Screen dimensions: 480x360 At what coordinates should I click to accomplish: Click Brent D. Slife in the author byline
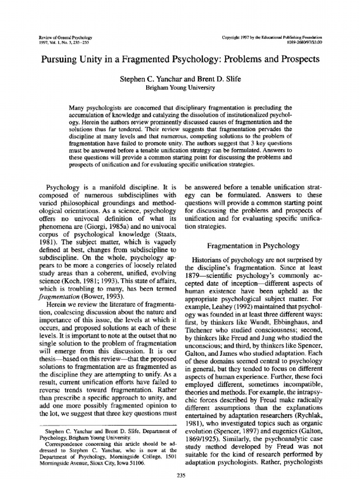point(217,79)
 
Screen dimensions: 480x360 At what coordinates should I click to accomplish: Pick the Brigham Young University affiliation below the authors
point(180,87)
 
